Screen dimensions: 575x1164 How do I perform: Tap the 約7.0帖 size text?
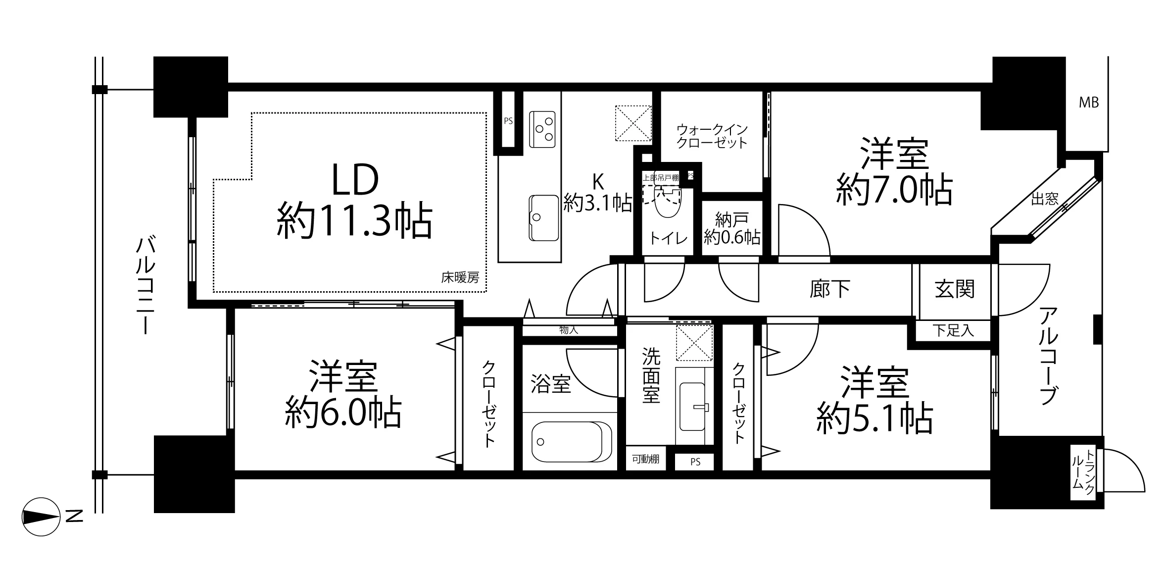pos(894,190)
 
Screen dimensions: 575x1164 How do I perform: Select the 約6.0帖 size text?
pos(343,414)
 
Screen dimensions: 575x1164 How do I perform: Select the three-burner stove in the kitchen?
pos(542,129)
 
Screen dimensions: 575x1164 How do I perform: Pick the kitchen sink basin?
pos(543,218)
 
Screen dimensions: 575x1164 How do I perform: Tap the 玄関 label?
pos(955,289)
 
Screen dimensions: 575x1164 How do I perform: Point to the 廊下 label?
pos(830,289)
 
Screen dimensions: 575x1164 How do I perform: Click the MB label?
pos(1089,103)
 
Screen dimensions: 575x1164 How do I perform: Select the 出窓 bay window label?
pos(1045,199)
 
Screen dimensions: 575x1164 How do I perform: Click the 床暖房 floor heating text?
pos(460,278)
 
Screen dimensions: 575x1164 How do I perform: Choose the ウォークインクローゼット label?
pos(712,136)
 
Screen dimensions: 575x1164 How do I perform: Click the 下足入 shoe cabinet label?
pos(953,331)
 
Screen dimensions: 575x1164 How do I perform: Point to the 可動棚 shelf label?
pos(645,459)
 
